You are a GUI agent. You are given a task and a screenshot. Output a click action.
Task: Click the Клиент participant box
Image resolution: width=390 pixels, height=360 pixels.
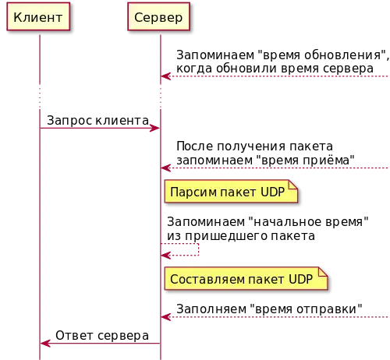tap(38, 16)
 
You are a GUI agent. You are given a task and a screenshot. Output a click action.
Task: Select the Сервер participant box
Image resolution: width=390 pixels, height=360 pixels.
tap(158, 16)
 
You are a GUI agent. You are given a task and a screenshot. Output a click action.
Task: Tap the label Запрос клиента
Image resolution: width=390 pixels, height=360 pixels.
tap(97, 121)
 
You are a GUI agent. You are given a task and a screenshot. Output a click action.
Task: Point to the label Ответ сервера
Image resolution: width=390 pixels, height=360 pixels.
tap(102, 336)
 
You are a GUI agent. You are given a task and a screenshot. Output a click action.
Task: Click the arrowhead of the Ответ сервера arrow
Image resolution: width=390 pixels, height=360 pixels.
tap(45, 344)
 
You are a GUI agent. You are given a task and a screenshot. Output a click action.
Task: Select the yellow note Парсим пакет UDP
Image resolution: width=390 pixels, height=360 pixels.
tap(231, 192)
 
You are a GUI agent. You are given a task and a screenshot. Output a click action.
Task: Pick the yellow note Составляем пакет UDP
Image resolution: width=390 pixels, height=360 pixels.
tap(246, 278)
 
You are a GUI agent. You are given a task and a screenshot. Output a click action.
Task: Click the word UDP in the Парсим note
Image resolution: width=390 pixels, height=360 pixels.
tap(272, 192)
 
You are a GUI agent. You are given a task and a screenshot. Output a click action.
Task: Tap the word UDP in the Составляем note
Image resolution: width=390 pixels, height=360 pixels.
tap(300, 279)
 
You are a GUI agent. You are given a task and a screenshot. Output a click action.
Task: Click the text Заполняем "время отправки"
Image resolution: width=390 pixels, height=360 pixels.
tap(269, 309)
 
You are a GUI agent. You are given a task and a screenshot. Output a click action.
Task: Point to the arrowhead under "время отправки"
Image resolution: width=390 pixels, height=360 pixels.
tap(165, 317)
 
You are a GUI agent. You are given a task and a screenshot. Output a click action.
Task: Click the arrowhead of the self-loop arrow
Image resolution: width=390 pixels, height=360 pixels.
tap(165, 256)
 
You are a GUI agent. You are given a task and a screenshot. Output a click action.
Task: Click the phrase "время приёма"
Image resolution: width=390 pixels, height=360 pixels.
tap(305, 160)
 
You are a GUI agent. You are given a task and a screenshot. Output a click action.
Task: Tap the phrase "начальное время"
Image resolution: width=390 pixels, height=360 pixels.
tap(309, 221)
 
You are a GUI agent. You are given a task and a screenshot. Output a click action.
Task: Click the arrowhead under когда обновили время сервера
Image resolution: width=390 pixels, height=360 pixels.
tap(165, 76)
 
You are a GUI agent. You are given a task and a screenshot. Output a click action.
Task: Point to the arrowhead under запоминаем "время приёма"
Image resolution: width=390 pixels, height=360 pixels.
tap(165, 168)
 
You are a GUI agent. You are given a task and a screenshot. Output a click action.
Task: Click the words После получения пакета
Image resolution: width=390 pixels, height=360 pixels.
tap(254, 146)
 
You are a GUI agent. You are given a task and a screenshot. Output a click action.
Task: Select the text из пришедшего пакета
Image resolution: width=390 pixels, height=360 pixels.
tap(241, 236)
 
